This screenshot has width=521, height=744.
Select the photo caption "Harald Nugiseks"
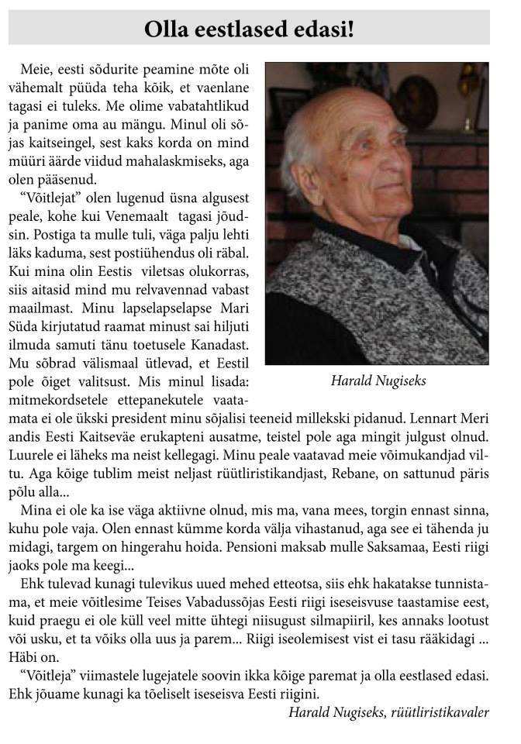point(378,381)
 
